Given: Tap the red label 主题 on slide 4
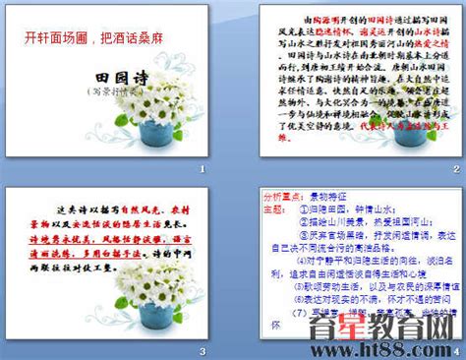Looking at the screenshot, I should click(x=275, y=209).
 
